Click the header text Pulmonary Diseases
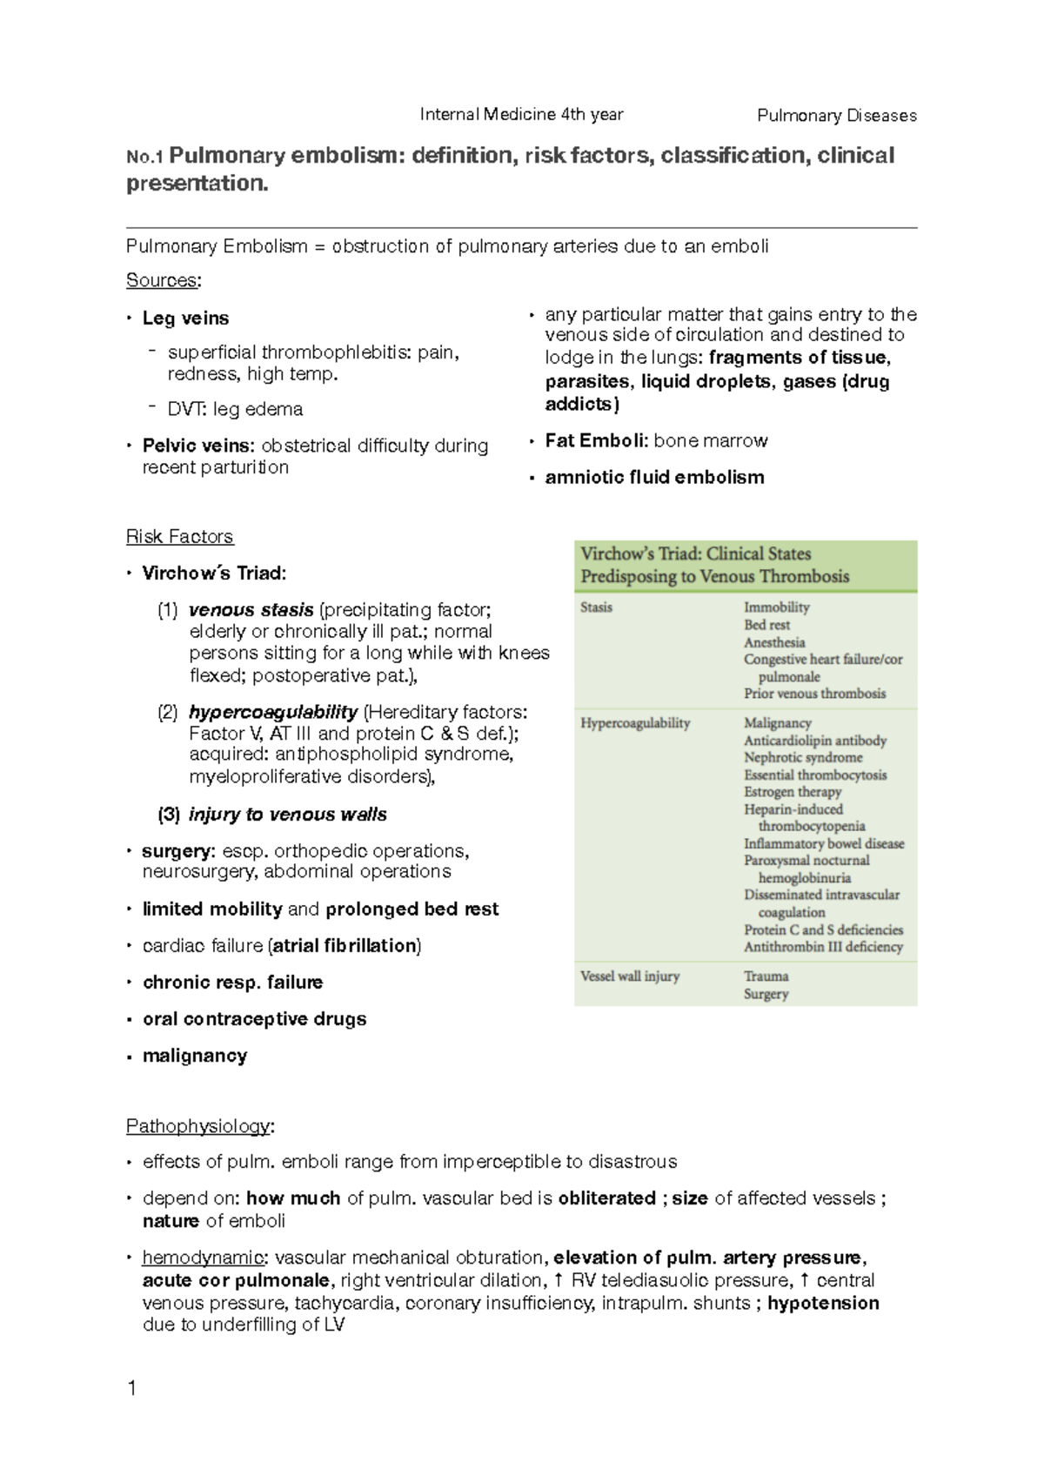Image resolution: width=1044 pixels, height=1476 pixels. pos(836,116)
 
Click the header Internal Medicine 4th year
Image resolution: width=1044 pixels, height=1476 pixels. pos(521,114)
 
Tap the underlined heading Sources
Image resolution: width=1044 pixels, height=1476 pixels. pos(162,280)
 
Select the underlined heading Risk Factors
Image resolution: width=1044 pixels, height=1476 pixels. pos(179,536)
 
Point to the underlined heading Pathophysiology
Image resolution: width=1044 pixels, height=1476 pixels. pos(198,1126)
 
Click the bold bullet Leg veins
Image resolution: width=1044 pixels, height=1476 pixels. pos(185,318)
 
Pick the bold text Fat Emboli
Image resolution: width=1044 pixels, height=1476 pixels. pos(596,440)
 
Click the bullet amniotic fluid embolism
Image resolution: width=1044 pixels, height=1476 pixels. pos(654,477)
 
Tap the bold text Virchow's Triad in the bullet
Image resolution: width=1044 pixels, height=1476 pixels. pos(213,573)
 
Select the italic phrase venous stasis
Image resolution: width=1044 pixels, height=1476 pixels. pos(251,609)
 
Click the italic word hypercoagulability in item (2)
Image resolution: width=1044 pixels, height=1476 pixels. pos(272,711)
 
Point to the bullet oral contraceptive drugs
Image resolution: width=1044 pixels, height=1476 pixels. pos(254,1018)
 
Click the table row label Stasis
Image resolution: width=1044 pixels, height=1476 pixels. pos(596,607)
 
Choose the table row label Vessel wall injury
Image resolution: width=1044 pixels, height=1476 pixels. pos(630,976)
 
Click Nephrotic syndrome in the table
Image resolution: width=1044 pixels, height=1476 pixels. pos(802,757)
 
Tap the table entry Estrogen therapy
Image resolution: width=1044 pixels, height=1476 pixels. pos(792,792)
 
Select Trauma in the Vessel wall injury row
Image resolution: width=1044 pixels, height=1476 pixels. pos(766,976)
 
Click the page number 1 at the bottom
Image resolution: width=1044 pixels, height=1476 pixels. pos(132,1388)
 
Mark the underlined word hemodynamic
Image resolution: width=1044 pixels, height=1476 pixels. pos(202,1258)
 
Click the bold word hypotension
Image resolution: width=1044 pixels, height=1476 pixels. pos(823,1303)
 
